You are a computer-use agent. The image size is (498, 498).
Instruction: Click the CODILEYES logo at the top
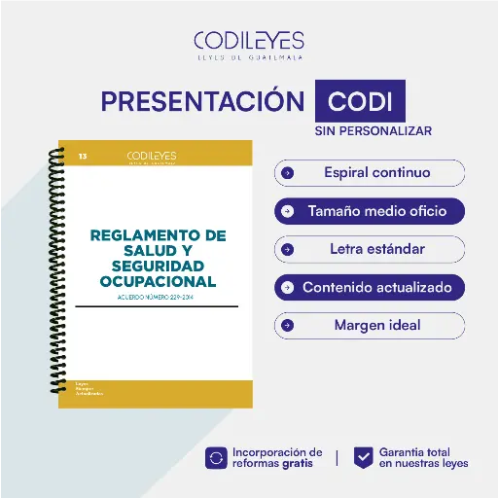tap(248, 43)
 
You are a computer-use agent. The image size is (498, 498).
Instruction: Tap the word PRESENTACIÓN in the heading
tap(202, 102)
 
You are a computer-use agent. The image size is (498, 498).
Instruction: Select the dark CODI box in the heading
tap(360, 102)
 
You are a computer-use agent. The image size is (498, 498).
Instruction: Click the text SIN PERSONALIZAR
tap(373, 130)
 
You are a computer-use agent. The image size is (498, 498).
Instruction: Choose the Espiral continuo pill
tap(370, 173)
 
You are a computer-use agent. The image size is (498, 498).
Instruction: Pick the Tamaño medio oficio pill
tap(370, 210)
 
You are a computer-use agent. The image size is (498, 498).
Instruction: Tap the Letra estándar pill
tap(370, 249)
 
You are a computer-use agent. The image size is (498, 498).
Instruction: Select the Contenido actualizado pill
tap(370, 288)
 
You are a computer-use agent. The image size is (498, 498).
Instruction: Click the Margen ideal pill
tap(370, 325)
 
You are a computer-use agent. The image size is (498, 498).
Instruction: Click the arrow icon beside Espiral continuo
tap(287, 173)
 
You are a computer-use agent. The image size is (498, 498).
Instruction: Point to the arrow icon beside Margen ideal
tap(287, 325)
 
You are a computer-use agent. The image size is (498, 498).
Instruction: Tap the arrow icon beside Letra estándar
tap(287, 249)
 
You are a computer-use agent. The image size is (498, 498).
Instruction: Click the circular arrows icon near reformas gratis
tap(217, 457)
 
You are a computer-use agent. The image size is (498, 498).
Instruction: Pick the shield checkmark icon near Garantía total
tap(363, 457)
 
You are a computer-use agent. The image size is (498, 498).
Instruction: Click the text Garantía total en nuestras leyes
tap(423, 457)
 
